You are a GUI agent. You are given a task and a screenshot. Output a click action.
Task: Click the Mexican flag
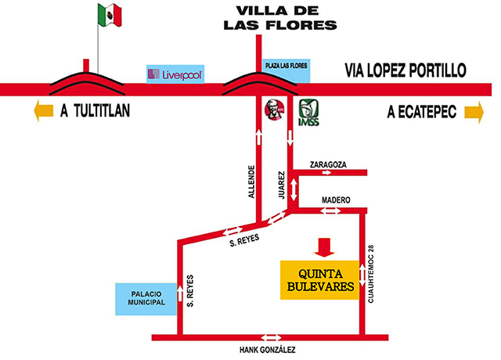point(110,14)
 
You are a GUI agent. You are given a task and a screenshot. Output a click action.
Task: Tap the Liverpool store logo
point(176,74)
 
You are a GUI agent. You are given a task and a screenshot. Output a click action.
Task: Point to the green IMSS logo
point(308,112)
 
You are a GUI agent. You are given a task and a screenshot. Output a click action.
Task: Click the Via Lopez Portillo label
point(405,70)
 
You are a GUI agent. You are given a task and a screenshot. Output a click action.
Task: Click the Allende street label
point(251,182)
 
